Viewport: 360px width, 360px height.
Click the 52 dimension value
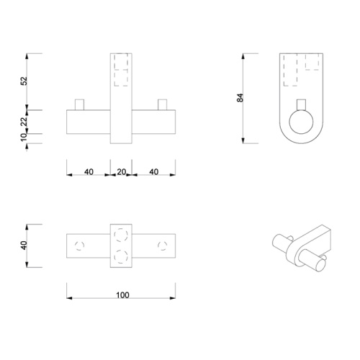pos(24,81)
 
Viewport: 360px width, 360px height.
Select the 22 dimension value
pos(24,120)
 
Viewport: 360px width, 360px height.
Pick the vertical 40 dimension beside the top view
pos(24,246)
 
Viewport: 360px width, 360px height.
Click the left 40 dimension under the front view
pos(89,172)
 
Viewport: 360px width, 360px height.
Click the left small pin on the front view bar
pos(82,104)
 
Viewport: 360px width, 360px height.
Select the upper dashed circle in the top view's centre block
pos(121,235)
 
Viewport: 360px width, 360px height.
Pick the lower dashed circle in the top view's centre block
pos(121,254)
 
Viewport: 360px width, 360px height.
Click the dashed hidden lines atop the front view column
pos(121,70)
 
